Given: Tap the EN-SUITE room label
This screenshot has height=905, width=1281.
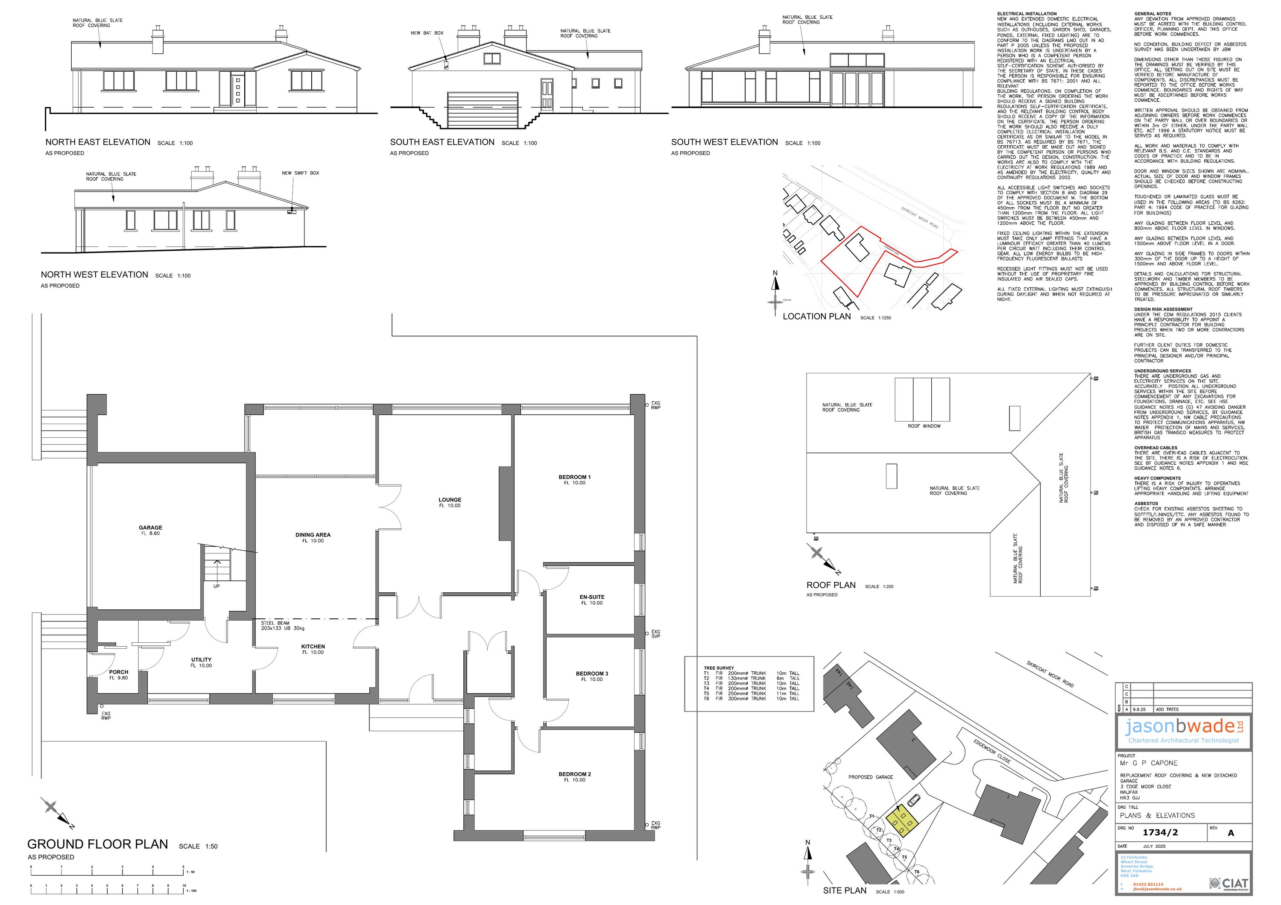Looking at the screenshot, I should coord(592,597).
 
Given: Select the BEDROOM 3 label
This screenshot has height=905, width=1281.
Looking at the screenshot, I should coord(592,674).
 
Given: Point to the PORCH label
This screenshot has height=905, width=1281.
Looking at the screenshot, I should coord(119,672).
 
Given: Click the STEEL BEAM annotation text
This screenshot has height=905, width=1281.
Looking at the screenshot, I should coord(275,623).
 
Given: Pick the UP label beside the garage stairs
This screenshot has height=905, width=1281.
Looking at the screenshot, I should coord(216,586).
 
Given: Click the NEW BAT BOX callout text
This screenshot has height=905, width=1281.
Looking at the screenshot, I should coord(427,33).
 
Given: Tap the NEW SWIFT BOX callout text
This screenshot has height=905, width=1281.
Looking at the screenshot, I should coord(300,173).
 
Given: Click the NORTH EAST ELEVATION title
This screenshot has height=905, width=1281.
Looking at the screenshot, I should coord(98,142).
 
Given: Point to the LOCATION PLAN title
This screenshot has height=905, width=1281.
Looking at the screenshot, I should coord(817,316).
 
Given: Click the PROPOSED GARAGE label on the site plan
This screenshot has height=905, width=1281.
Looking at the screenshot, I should coord(870,777).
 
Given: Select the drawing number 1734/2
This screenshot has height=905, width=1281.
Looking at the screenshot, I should coord(1160,832).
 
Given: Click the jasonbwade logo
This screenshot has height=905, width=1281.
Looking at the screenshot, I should coord(1183,727).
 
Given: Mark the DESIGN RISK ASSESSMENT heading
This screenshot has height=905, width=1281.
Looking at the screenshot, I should coord(1163,309).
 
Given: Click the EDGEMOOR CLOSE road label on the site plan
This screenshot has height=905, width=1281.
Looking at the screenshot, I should coord(992,752).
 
